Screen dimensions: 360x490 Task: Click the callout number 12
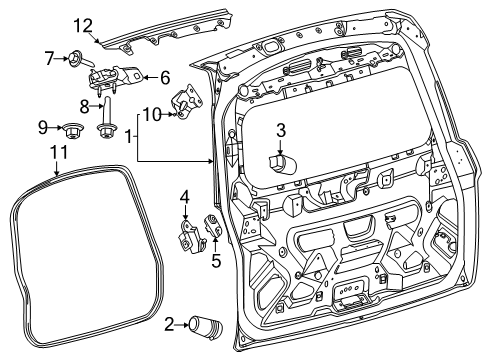(x=82, y=25)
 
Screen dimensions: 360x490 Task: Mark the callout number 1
(x=127, y=135)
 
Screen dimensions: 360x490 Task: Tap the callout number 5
(x=216, y=262)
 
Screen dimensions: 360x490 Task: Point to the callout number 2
(x=167, y=322)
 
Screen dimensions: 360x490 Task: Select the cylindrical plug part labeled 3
(x=279, y=161)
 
